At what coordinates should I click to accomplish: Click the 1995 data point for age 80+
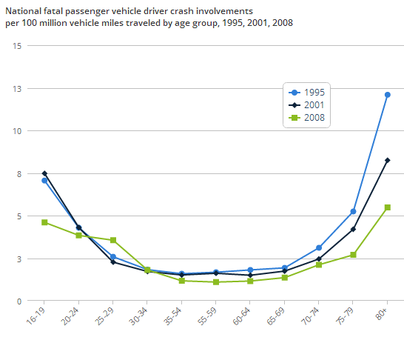[387, 95]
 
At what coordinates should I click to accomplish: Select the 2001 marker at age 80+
[387, 160]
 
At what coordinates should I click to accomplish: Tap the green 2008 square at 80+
[387, 207]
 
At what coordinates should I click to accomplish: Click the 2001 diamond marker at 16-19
[44, 173]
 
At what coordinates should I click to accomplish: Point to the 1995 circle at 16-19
[44, 181]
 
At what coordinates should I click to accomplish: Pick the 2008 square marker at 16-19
[44, 222]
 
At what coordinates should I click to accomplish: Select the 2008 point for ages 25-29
[113, 240]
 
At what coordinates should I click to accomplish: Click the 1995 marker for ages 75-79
[353, 212]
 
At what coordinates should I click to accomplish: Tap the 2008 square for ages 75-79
[353, 255]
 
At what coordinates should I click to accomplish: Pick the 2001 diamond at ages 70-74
[319, 259]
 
